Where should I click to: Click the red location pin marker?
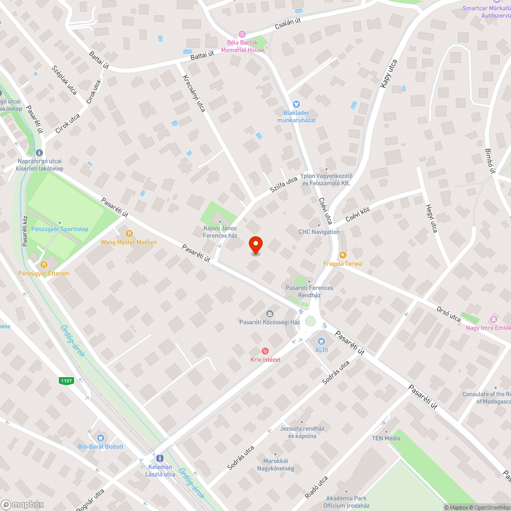click(255, 245)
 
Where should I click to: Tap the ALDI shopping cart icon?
click(321, 341)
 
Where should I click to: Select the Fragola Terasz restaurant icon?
click(343, 254)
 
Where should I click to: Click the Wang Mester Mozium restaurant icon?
click(129, 233)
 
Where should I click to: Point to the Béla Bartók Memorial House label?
click(243, 47)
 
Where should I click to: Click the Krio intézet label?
click(265, 359)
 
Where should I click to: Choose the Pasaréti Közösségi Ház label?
click(269, 322)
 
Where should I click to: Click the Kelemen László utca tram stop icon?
click(160, 458)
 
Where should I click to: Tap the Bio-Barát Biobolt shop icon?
click(101, 437)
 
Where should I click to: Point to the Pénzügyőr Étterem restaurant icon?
click(44, 265)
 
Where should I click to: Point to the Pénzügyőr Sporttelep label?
click(60, 229)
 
